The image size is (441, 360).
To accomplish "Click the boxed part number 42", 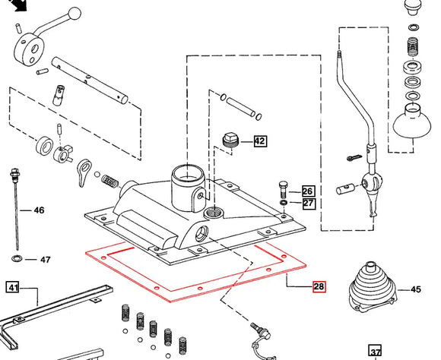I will pyautogui.click(x=260, y=141).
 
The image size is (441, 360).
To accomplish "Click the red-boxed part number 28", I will pyautogui.click(x=319, y=287).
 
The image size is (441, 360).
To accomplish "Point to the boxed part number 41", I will pyautogui.click(x=13, y=287).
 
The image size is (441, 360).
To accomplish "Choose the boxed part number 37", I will pyautogui.click(x=375, y=352).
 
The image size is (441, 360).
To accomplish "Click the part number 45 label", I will pyautogui.click(x=415, y=289).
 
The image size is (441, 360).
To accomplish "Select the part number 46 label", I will pyautogui.click(x=39, y=210).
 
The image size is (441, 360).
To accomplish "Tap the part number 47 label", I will pyautogui.click(x=45, y=260).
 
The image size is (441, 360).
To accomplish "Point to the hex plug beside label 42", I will pyautogui.click(x=230, y=140).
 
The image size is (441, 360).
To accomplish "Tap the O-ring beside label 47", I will pyautogui.click(x=17, y=260).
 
